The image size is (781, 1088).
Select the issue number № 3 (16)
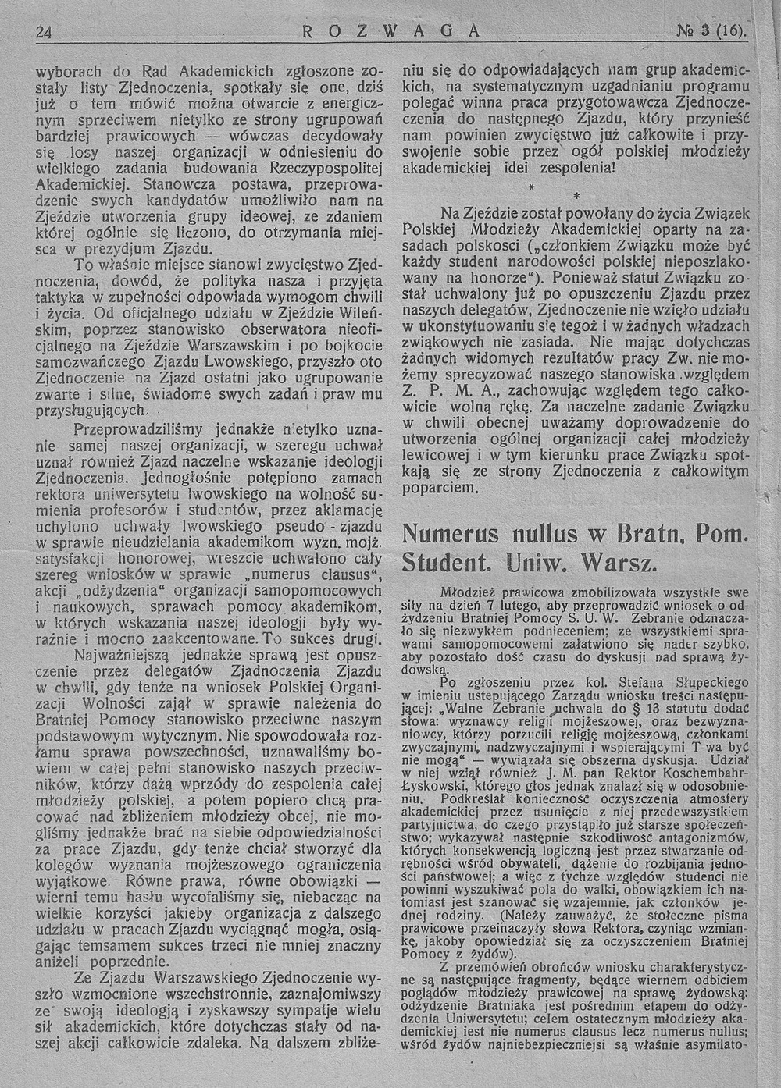715,32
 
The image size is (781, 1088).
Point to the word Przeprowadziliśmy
145,430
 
